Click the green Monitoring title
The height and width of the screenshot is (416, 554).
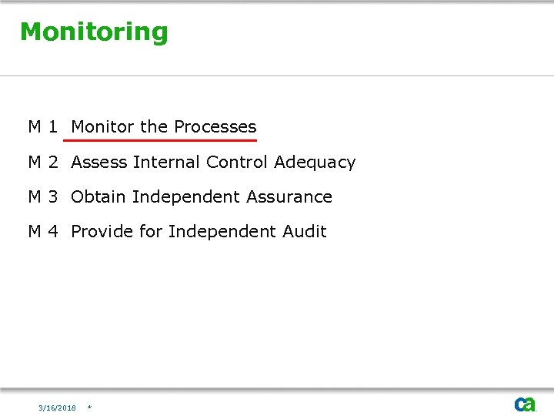pos(94,32)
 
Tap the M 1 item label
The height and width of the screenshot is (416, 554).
pos(43,127)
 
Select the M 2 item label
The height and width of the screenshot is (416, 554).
pos(43,163)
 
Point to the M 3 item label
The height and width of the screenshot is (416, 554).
pos(43,197)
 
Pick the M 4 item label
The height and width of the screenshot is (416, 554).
pos(43,232)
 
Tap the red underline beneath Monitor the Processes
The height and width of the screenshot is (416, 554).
pos(161,140)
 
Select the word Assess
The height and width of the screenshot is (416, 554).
pos(99,163)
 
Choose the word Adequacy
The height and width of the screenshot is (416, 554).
pos(315,163)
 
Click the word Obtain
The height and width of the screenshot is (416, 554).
pos(98,197)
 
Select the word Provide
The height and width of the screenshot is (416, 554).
pos(102,232)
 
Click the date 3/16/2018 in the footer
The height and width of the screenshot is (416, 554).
pos(58,408)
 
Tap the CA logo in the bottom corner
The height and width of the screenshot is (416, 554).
pos(525,404)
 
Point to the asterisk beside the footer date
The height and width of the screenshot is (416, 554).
pos(90,408)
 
